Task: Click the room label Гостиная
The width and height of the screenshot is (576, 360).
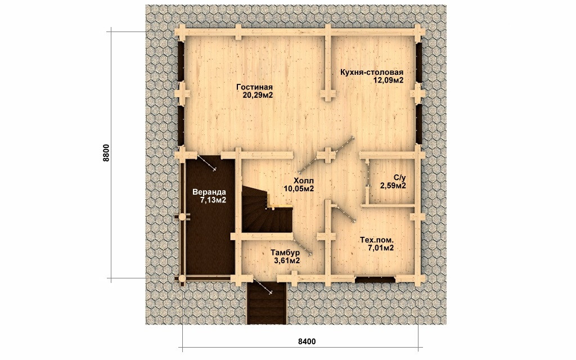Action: pos(254,87)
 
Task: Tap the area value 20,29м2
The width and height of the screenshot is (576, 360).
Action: pos(258,96)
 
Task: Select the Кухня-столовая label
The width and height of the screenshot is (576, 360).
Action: pos(372,73)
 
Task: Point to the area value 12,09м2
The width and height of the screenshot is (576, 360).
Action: pos(389,80)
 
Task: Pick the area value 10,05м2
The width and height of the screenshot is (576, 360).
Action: pos(299,189)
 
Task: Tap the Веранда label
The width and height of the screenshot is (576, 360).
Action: pos(209,192)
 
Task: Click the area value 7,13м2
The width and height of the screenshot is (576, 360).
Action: pos(213,200)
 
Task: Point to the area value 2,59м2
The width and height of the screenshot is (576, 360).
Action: pos(393,186)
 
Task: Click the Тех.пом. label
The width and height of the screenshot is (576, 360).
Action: pos(377,240)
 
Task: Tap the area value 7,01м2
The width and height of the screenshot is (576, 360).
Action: pos(381,248)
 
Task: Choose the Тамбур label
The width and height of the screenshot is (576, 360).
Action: pos(285,253)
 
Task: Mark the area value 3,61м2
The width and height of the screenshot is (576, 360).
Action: pos(287,261)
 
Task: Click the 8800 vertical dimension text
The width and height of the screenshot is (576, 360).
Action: pos(106,153)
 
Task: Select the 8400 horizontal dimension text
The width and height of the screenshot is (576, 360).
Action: pos(307,341)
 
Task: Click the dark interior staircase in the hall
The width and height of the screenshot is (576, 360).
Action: pos(265,213)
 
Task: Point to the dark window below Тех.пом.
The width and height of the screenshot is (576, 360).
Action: pos(375,280)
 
